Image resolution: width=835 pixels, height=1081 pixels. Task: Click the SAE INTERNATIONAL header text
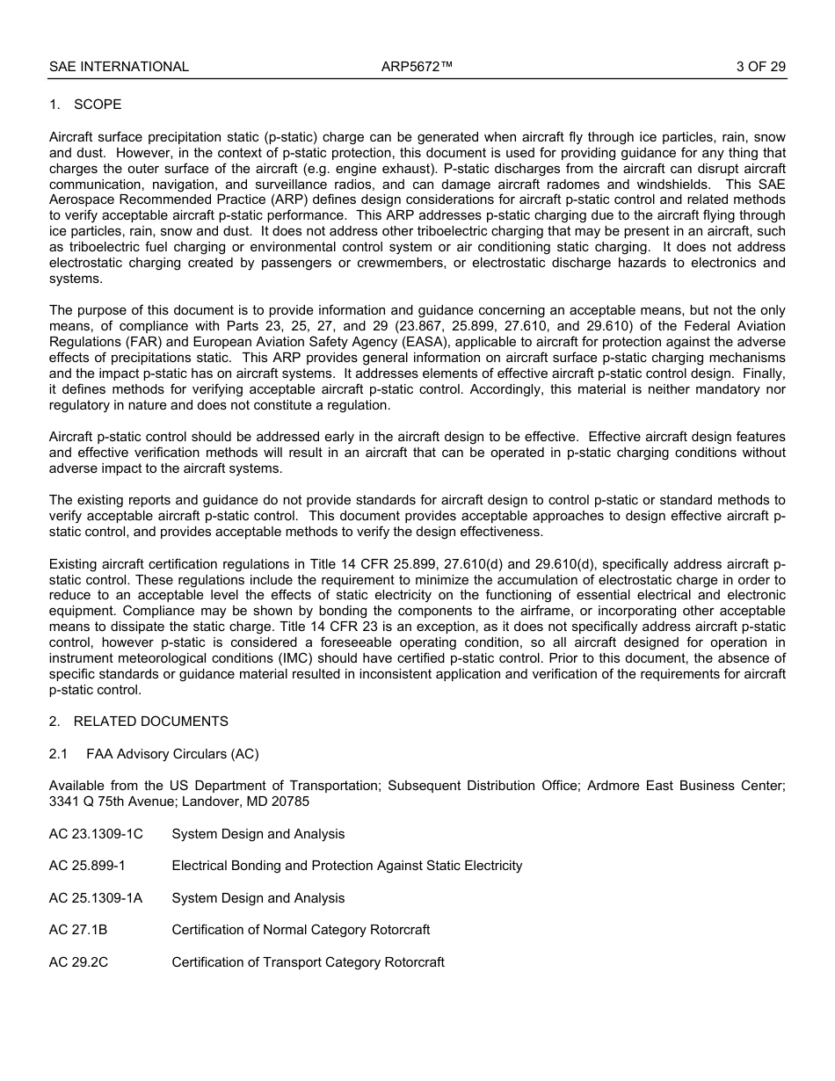coord(119,67)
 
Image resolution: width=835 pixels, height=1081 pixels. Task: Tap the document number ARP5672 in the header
coord(417,67)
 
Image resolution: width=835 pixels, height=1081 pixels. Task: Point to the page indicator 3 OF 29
coord(760,67)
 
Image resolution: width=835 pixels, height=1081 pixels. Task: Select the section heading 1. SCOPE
coord(85,105)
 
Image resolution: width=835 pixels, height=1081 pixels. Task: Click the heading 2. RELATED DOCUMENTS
coord(138,722)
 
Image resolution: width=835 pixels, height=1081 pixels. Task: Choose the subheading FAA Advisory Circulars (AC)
coord(172,754)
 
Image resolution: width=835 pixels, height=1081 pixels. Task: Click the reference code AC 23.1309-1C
coord(96,834)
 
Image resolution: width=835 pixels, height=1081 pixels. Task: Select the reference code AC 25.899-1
coord(87,866)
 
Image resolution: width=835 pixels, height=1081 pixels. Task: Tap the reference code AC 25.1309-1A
coord(96,898)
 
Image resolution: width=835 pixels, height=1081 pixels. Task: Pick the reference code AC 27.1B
coord(78,930)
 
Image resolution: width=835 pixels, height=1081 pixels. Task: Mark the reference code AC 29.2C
coord(78,962)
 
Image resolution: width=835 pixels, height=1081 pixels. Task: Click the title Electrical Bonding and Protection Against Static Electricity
coord(346,866)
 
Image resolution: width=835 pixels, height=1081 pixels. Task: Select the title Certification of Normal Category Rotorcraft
coord(301,930)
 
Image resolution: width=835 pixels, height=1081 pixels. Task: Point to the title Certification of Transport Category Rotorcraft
coord(308,962)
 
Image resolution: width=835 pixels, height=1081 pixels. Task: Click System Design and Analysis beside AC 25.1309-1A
coord(258,898)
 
